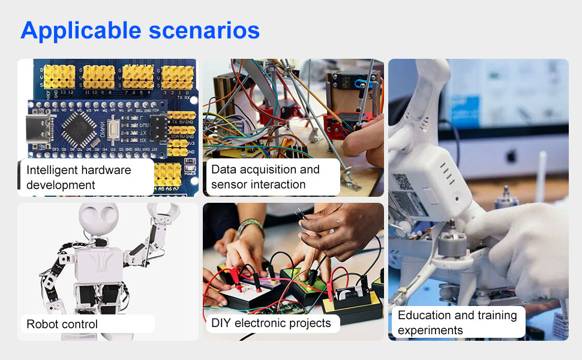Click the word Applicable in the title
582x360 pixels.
81,31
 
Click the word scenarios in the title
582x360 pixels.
204,31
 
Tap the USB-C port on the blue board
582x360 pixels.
37,129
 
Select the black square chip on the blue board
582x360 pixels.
79,128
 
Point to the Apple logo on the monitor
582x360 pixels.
512,156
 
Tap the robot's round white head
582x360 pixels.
99,217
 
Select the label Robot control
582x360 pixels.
62,324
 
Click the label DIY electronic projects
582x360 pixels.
271,323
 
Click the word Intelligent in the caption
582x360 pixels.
52,170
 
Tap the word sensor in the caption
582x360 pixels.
228,184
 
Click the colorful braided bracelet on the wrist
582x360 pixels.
250,226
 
